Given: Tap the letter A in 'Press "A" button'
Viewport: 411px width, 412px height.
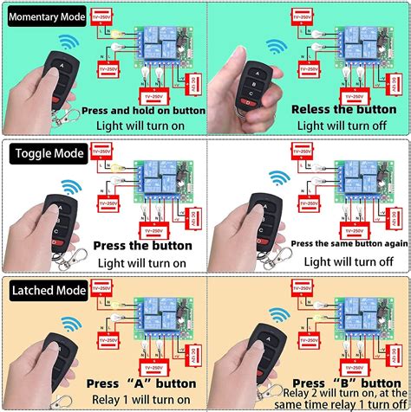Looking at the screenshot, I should coord(142,382).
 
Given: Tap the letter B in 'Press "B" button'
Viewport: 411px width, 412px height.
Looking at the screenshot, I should coord(343,382).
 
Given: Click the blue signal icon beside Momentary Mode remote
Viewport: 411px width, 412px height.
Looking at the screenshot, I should coord(68,45).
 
